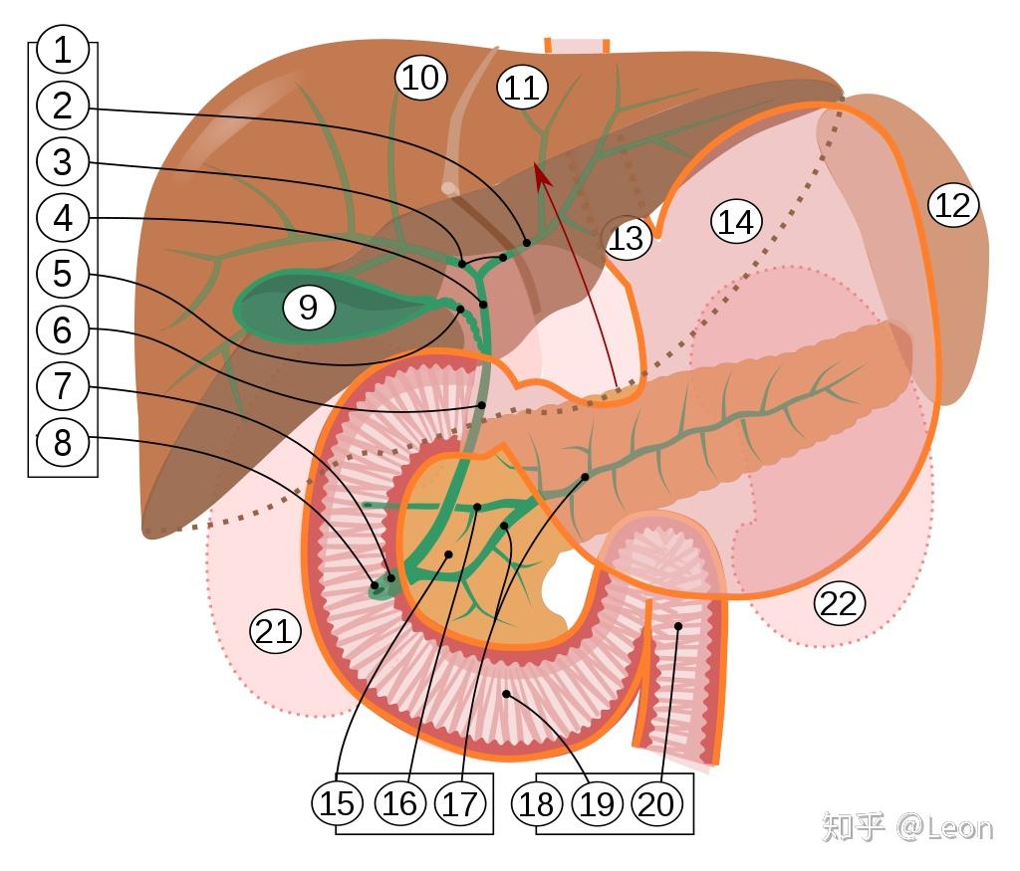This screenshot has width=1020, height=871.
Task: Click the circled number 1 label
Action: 63,49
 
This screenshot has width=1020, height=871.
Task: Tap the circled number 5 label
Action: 63,273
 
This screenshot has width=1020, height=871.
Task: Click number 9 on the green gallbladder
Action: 308,308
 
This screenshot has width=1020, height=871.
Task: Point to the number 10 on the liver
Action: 420,78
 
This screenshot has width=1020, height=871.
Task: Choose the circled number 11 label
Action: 521,88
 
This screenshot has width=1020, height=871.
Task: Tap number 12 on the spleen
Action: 953,205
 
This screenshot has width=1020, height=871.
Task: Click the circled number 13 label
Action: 628,239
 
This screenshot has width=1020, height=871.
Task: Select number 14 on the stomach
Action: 736,221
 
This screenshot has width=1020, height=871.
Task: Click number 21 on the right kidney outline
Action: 275,631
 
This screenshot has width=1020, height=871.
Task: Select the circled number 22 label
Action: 839,603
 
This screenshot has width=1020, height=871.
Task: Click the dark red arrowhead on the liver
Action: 540,171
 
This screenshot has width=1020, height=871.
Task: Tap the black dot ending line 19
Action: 506,693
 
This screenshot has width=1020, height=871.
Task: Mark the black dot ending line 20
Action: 678,626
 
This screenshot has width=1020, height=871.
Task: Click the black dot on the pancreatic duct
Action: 585,477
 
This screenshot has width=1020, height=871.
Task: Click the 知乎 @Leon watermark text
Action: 906,827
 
